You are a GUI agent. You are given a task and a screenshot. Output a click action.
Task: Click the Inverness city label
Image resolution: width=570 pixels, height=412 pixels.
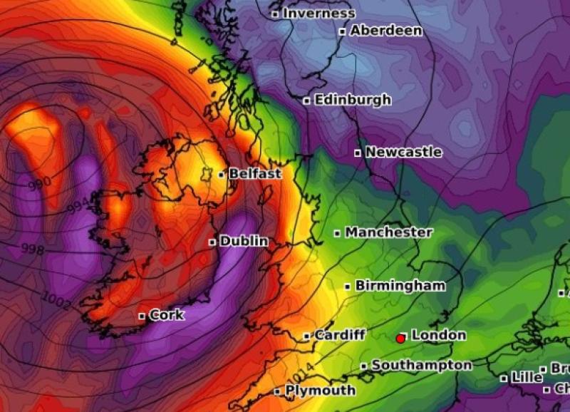click(318, 14)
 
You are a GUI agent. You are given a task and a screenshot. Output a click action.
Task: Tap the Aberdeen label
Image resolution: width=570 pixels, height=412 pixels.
click(385, 31)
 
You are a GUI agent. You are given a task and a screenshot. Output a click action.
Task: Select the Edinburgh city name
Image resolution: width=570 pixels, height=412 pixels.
click(353, 100)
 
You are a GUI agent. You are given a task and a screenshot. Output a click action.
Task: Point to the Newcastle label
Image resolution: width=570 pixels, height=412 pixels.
click(403, 152)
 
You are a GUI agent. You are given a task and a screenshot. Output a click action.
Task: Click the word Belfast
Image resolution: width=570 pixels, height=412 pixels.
click(255, 173)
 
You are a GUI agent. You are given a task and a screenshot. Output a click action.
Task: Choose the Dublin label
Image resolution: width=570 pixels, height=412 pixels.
click(244, 242)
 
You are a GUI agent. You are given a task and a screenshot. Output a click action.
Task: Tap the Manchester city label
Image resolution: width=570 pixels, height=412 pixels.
click(389, 232)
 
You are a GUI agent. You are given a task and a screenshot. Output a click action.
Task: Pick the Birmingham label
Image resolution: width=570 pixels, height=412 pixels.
click(400, 286)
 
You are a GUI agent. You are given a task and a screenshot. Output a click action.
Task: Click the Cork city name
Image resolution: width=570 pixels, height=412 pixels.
click(167, 315)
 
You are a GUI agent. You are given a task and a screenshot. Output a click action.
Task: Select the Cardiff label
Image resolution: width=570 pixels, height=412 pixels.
click(340, 335)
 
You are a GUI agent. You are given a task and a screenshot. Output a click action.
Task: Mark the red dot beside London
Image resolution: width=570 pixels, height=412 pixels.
click(401, 338)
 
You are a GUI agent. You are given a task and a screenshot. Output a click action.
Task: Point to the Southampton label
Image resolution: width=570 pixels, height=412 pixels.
click(421, 365)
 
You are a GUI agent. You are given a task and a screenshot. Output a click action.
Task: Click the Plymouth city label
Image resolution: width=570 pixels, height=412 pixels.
click(320, 391)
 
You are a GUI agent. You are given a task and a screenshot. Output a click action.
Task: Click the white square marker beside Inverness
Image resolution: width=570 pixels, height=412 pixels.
click(275, 14)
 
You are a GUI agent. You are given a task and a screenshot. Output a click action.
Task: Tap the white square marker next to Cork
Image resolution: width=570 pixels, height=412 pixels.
click(142, 316)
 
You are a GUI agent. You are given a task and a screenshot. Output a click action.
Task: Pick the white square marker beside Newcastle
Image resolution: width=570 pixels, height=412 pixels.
click(358, 153)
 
